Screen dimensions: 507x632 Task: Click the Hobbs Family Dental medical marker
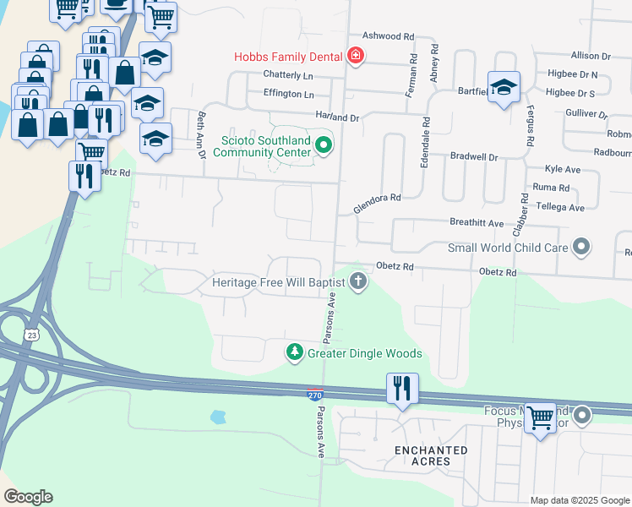(356, 57)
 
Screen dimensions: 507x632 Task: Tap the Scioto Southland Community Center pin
(323, 147)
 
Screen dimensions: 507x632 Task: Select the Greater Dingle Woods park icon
(294, 352)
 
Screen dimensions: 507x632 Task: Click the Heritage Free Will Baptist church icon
(358, 281)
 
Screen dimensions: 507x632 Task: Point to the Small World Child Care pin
(580, 248)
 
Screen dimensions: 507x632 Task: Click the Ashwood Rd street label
(388, 37)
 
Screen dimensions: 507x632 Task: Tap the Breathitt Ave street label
(476, 223)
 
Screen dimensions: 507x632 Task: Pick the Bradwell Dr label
(474, 156)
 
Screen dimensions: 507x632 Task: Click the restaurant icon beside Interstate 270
(401, 389)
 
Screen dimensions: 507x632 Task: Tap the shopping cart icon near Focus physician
(540, 417)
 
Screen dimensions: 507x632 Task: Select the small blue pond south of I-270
(219, 417)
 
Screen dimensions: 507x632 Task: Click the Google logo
(28, 497)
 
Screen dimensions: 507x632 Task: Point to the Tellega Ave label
(559, 207)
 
